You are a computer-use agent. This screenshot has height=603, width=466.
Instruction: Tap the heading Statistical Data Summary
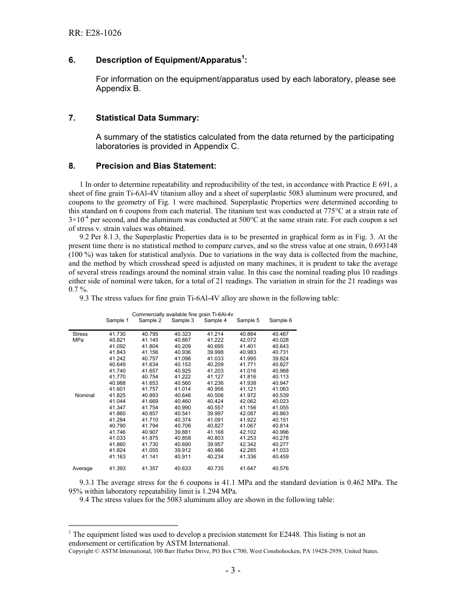click(x=147, y=118)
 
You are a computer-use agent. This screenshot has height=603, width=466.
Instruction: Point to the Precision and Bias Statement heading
click(x=155, y=166)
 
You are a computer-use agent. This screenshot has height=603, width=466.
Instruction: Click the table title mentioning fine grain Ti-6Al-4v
click(x=182, y=314)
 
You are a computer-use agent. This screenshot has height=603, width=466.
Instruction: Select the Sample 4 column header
click(x=215, y=320)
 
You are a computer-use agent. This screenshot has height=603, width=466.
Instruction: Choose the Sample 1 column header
click(x=117, y=320)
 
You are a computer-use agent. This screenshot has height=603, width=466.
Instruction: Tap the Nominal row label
click(x=85, y=395)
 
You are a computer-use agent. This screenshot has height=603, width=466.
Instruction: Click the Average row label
click(x=82, y=468)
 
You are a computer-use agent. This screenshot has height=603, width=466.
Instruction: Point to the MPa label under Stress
click(x=78, y=340)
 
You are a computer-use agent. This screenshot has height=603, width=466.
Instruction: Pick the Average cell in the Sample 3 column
click(x=182, y=468)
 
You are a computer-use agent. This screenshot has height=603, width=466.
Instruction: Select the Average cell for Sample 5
click(x=248, y=468)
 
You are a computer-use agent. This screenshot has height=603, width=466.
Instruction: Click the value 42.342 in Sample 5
click(x=248, y=444)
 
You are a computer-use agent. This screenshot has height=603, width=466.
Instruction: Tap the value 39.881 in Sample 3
click(x=182, y=432)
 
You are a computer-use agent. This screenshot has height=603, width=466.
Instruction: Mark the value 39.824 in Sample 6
click(x=281, y=358)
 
